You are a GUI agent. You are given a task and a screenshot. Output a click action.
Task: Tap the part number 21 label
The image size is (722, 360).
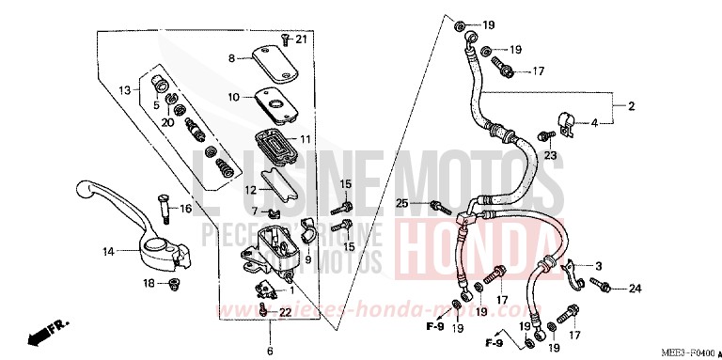301,39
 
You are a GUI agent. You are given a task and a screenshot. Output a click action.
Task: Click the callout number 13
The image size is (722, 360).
124,89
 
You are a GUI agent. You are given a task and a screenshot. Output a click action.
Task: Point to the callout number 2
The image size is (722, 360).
632,105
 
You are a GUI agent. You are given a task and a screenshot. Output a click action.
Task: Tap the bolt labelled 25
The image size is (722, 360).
436,204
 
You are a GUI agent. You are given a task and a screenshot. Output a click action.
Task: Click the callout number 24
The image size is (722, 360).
635,288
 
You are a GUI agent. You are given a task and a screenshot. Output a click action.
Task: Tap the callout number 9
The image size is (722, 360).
307,259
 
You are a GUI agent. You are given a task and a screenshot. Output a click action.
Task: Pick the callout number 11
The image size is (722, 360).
305,140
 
